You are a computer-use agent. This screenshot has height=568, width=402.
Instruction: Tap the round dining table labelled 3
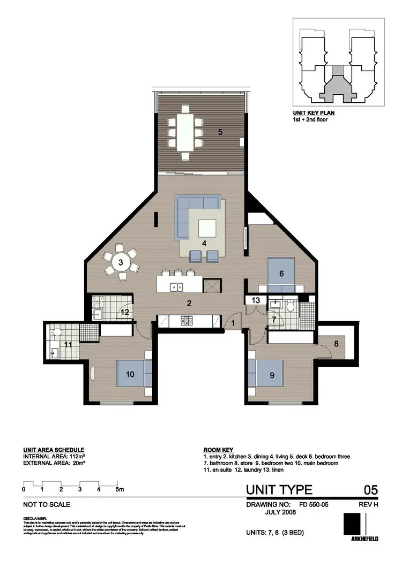tap(121, 262)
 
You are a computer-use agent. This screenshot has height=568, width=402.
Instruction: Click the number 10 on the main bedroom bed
tap(130, 374)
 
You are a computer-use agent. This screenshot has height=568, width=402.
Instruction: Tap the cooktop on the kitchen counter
tap(188, 321)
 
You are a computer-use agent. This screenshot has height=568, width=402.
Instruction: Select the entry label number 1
tap(233, 323)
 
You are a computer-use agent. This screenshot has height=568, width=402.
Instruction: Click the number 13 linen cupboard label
tap(256, 300)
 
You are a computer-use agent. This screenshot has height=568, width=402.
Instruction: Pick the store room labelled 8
tap(336, 344)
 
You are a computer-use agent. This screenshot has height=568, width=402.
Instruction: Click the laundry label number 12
tap(124, 312)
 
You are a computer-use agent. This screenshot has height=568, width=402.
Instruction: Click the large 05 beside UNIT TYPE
tap(370, 490)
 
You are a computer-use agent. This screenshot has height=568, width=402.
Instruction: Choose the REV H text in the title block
tap(368, 504)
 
